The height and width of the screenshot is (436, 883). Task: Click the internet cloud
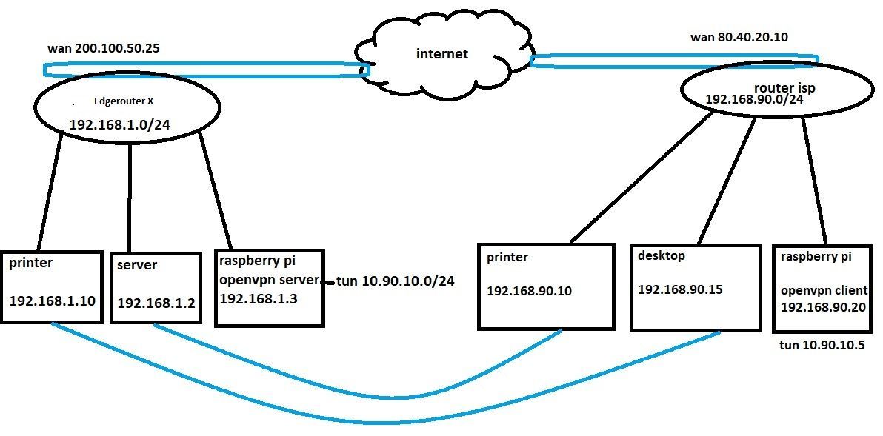[442, 54]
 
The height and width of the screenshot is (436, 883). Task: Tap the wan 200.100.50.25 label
[104, 49]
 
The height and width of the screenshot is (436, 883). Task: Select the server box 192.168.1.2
[156, 288]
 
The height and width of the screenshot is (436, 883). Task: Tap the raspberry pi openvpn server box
[270, 288]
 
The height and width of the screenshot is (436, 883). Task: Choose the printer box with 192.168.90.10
[547, 285]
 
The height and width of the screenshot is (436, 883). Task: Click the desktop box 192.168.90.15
[696, 286]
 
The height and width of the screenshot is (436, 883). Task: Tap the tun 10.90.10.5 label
[822, 346]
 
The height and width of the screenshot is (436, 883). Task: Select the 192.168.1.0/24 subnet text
[120, 125]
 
